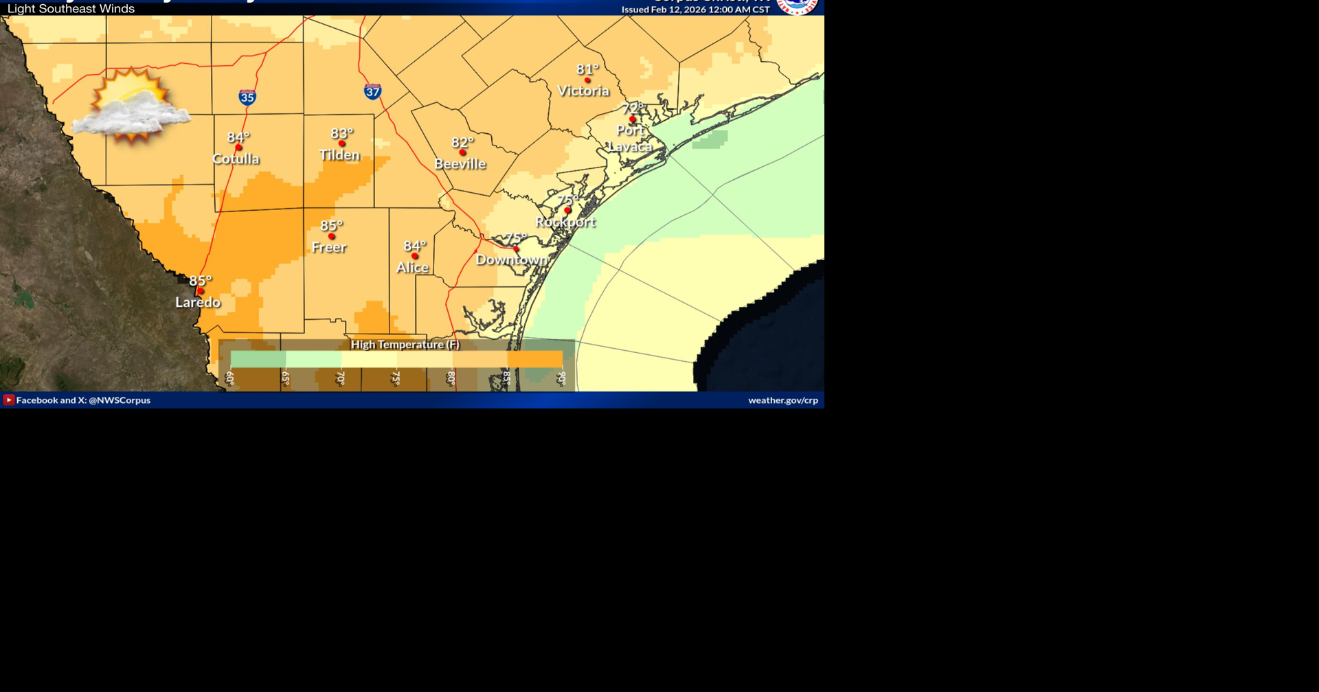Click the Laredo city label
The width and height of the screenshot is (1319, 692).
pyautogui.click(x=198, y=302)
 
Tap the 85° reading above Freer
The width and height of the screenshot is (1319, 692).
pyautogui.click(x=331, y=225)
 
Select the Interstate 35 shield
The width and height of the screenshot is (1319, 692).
pyautogui.click(x=247, y=97)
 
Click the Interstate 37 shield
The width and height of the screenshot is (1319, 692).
pyautogui.click(x=372, y=91)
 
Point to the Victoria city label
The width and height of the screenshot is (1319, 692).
pyautogui.click(x=583, y=91)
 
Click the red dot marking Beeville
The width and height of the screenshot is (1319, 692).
pyautogui.click(x=463, y=152)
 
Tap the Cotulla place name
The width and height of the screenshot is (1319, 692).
pyautogui.click(x=236, y=159)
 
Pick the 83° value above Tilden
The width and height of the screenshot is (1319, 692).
pyautogui.click(x=341, y=133)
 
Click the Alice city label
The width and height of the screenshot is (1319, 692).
pyautogui.click(x=412, y=267)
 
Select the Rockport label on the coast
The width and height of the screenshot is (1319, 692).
pyautogui.click(x=565, y=222)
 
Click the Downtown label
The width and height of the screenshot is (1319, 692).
pyautogui.click(x=512, y=259)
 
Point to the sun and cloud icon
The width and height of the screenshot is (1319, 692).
pyautogui.click(x=131, y=106)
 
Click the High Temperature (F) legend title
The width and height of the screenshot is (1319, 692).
pyautogui.click(x=405, y=344)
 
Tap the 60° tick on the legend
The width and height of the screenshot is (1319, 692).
pyautogui.click(x=230, y=378)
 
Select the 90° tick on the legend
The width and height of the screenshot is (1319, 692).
pyautogui.click(x=561, y=378)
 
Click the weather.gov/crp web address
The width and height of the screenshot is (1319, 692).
pyautogui.click(x=782, y=400)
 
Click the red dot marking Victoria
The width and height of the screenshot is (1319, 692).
pyautogui.click(x=587, y=80)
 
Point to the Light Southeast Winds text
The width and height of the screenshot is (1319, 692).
pyautogui.click(x=71, y=9)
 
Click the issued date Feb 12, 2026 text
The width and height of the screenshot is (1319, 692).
pyautogui.click(x=695, y=10)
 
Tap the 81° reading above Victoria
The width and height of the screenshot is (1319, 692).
pyautogui.click(x=587, y=69)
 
